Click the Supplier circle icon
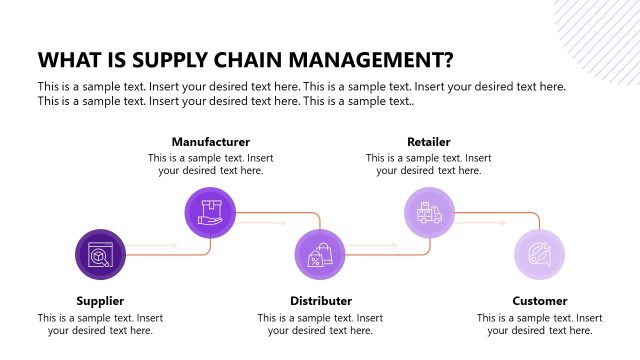pyautogui.click(x=101, y=255)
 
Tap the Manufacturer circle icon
pyautogui.click(x=210, y=211)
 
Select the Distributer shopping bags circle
pyautogui.click(x=320, y=255)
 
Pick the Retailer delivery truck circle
pyautogui.click(x=429, y=211)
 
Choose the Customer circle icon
pyautogui.click(x=539, y=255)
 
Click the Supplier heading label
pyautogui.click(x=101, y=300)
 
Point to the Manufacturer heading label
pyautogui.click(x=210, y=142)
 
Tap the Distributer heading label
pyautogui.click(x=321, y=300)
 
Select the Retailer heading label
pyautogui.click(x=429, y=142)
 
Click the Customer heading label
pyautogui.click(x=540, y=300)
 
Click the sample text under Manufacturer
pyautogui.click(x=210, y=164)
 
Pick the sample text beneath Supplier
pyautogui.click(x=101, y=324)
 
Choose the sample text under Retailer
pyautogui.click(x=429, y=164)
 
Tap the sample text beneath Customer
pyautogui.click(x=540, y=324)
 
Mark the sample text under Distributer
pyautogui.click(x=321, y=324)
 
